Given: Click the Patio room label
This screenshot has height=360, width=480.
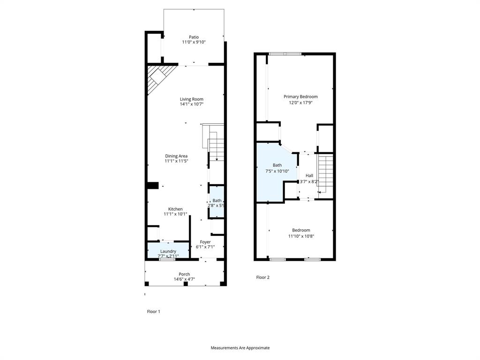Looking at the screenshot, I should [x=194, y=37].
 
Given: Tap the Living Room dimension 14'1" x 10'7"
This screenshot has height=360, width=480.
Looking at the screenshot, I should [x=191, y=104].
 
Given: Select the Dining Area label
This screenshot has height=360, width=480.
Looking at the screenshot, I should [x=176, y=156].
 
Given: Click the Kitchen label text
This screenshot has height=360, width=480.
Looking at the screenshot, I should [x=175, y=209].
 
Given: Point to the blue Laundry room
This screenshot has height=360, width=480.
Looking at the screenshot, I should [x=168, y=251].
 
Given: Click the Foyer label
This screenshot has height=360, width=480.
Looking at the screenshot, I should [x=205, y=242].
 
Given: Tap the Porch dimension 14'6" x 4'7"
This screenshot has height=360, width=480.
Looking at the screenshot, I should [x=184, y=279].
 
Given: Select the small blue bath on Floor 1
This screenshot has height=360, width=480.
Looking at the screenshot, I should [x=217, y=202].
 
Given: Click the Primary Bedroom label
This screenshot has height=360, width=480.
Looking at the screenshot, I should [x=300, y=97].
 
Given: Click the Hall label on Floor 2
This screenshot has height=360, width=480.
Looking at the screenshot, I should [x=309, y=175].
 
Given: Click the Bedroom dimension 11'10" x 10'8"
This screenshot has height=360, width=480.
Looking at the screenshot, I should [x=301, y=236].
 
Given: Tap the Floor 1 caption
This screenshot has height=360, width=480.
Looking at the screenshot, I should [x=154, y=311].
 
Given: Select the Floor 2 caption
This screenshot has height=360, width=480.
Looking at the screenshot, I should [x=262, y=277].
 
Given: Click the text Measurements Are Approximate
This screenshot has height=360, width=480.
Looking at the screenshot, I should [x=240, y=348].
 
